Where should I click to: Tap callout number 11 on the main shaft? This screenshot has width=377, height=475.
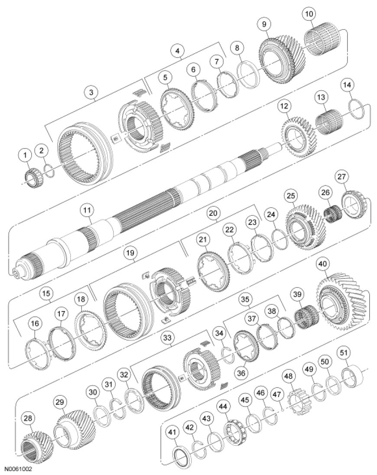pos(88,211)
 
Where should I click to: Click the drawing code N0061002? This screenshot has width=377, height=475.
pos(19,469)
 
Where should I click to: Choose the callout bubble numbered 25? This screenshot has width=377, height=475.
pos(290,196)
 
